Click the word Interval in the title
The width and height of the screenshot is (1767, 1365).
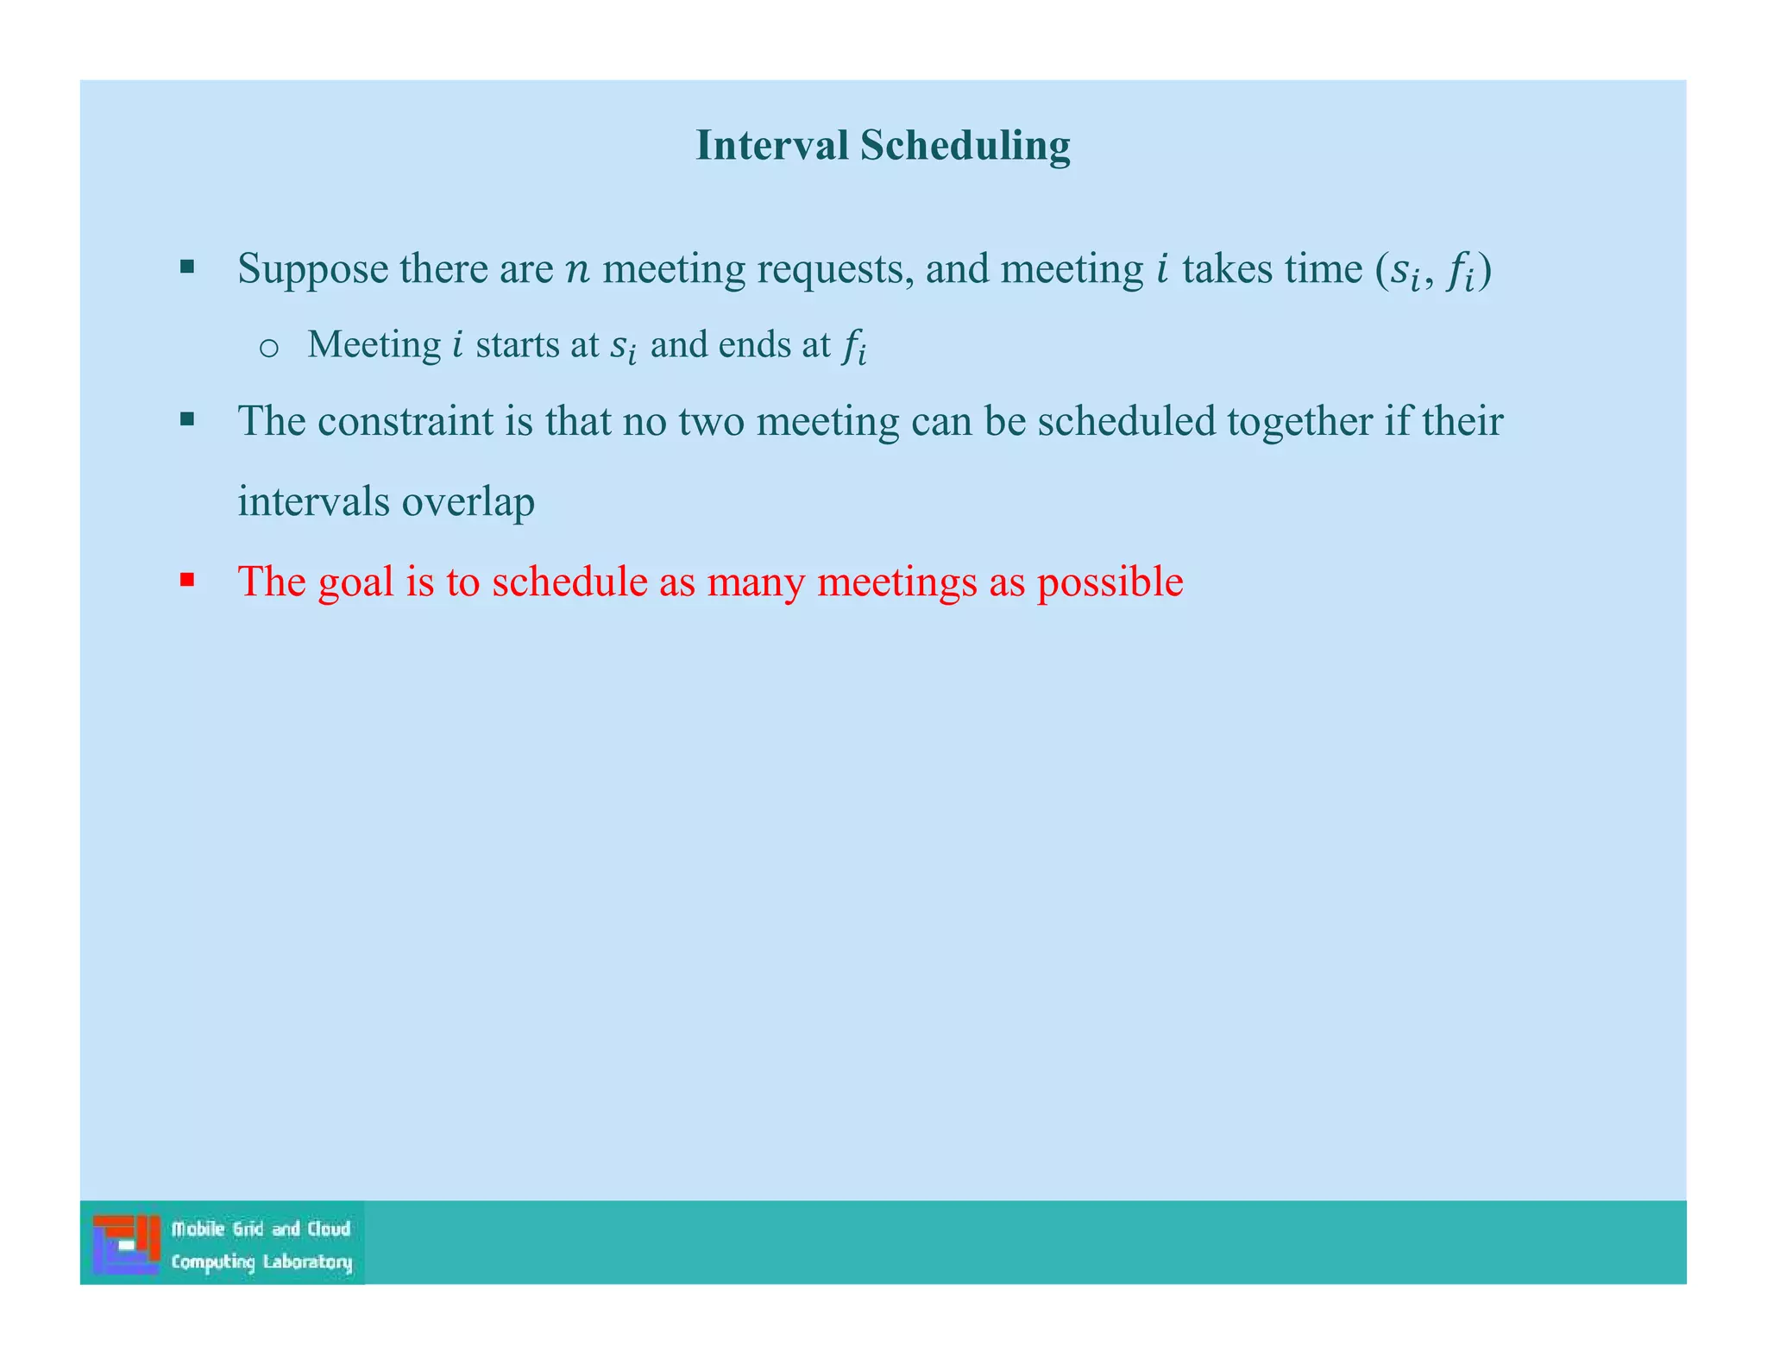tap(772, 145)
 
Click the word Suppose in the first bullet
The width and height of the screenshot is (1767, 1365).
tap(312, 269)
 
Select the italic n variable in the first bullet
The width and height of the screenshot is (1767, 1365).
tap(577, 270)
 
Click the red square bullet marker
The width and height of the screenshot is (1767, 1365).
tap(187, 579)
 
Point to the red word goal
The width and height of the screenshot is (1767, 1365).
tap(355, 582)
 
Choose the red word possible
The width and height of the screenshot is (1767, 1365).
tap(1110, 582)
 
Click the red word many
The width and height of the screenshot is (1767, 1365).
tap(756, 582)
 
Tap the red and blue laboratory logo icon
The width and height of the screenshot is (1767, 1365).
tap(126, 1243)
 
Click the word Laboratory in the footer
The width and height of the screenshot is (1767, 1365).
tap(308, 1262)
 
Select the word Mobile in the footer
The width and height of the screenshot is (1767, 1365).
tap(198, 1229)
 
